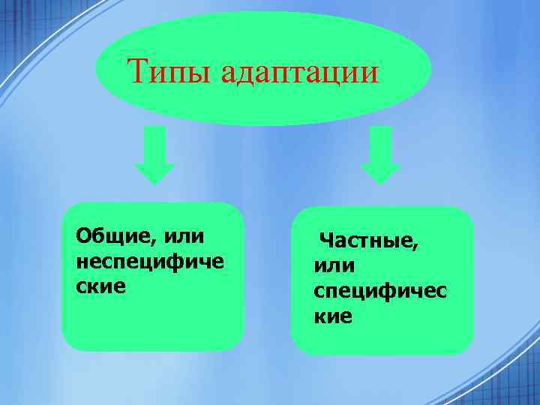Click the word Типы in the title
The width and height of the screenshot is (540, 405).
tap(161, 72)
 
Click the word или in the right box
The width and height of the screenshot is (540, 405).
tap(334, 265)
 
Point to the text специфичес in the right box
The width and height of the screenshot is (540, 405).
tap(379, 292)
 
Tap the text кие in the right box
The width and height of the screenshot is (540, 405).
tap(332, 316)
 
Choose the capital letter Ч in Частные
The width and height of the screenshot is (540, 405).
tap(326, 241)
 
